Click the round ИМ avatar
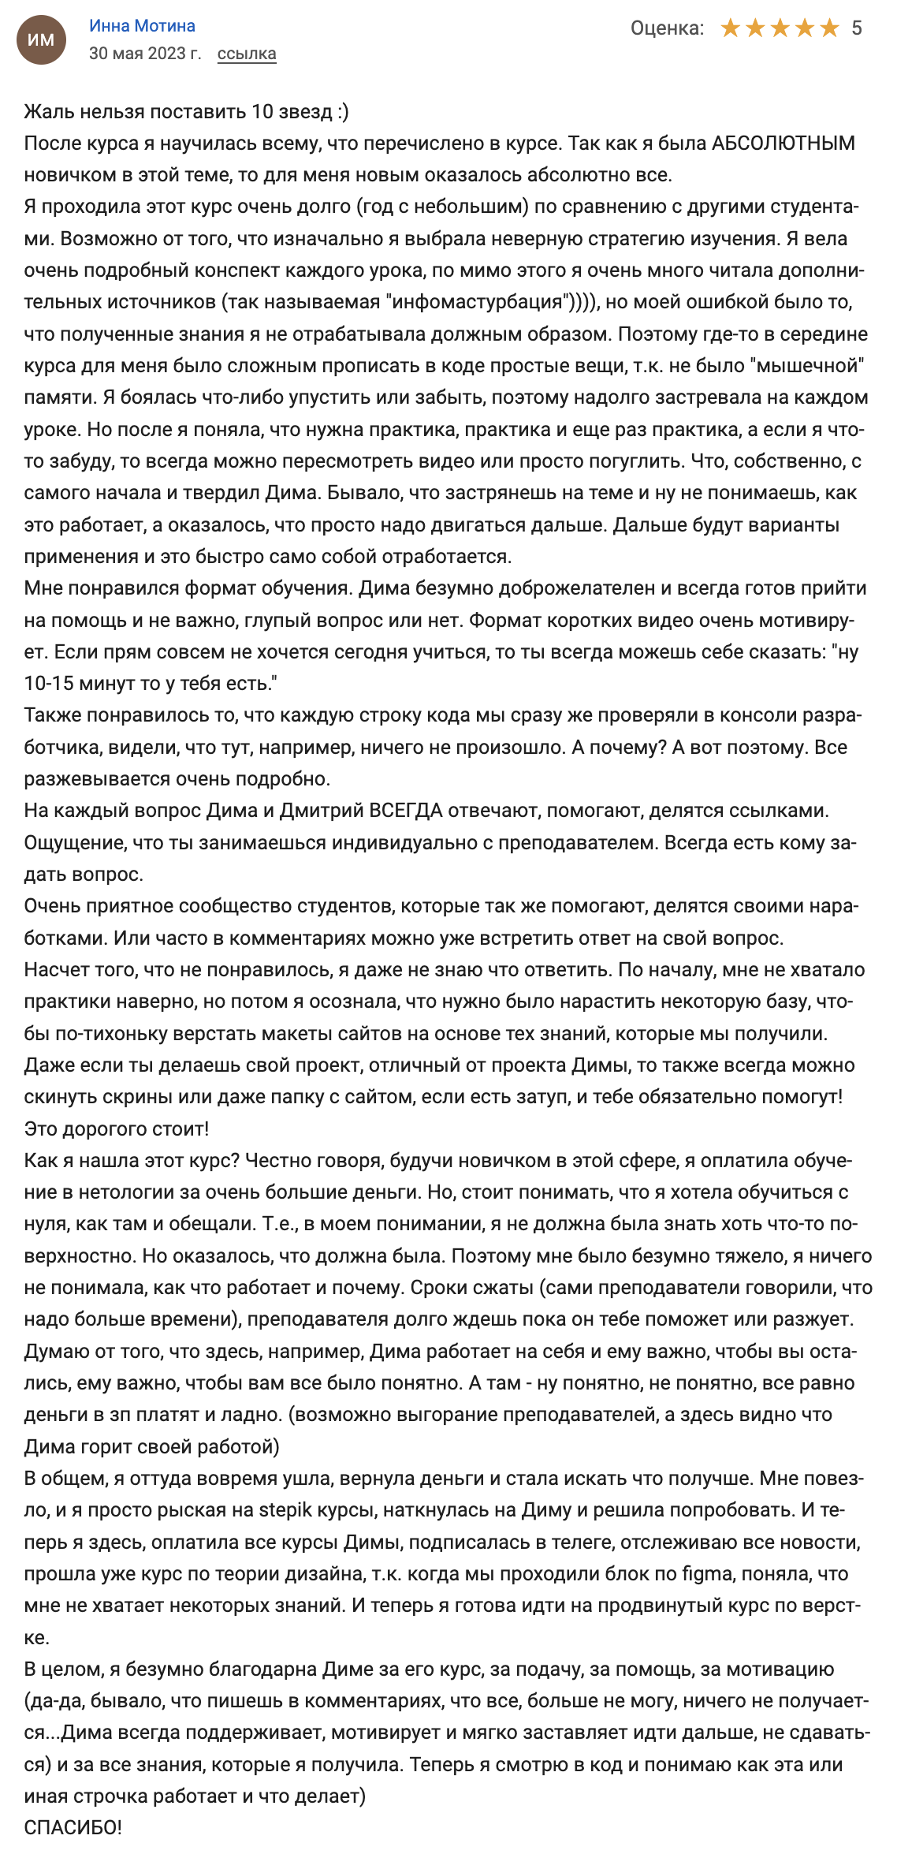click(41, 39)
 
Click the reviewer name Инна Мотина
click(142, 26)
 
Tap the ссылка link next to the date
click(247, 54)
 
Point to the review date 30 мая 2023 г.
click(145, 54)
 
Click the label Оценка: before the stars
click(667, 28)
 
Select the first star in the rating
click(731, 28)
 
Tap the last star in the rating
click(829, 28)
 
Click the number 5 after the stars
click(857, 28)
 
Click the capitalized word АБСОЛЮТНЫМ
click(783, 144)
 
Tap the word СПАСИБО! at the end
click(73, 1827)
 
